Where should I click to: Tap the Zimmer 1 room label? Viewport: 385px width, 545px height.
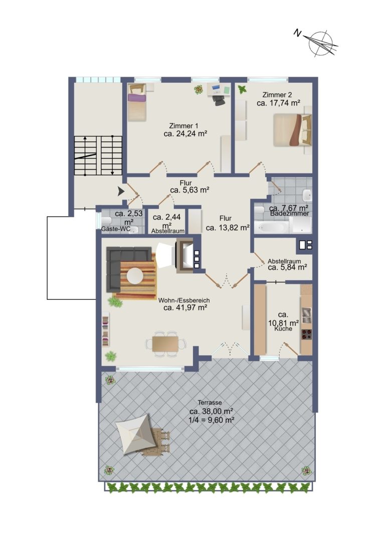[x=184, y=126]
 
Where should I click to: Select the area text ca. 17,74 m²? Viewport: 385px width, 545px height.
[x=278, y=103]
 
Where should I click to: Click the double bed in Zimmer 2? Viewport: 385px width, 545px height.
[x=292, y=130]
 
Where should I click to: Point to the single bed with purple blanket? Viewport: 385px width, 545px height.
[x=136, y=102]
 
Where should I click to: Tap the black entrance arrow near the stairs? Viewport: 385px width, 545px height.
[x=121, y=191]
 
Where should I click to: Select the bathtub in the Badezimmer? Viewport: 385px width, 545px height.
[x=271, y=227]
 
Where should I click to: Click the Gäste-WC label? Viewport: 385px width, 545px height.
[x=116, y=229]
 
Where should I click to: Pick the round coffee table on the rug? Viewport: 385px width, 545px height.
[x=135, y=277]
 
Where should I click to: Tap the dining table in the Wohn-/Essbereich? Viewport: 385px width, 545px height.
[x=166, y=343]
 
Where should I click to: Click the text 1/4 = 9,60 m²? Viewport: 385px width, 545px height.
[x=211, y=420]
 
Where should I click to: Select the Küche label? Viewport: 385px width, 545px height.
[x=283, y=328]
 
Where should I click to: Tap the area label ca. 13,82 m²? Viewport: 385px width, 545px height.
[x=228, y=228]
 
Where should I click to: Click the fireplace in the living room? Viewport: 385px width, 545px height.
[x=184, y=256]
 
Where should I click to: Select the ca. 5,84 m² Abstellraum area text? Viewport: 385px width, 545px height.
[x=287, y=268]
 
